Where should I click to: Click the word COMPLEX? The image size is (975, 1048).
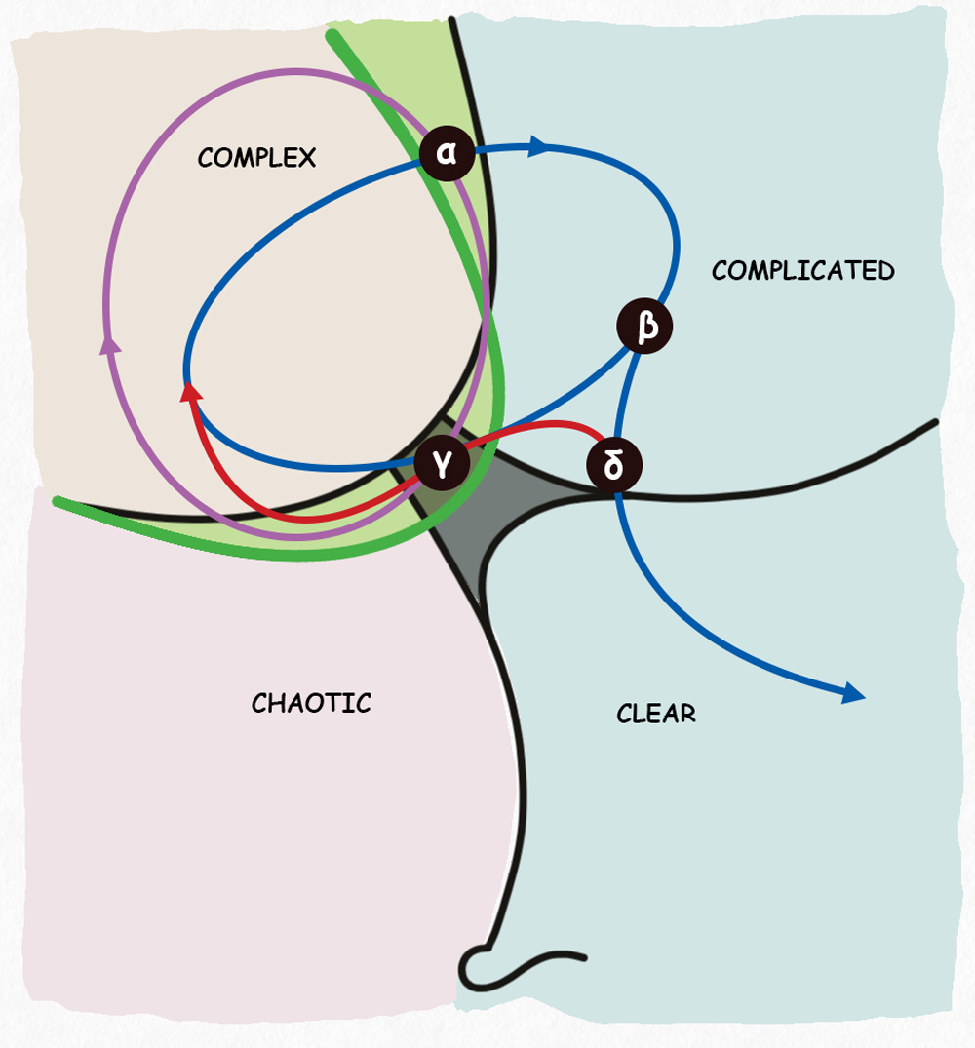click(x=256, y=157)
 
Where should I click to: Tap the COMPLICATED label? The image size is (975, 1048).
click(x=802, y=270)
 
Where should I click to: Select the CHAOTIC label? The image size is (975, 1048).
click(x=311, y=702)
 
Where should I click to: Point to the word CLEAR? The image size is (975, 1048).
click(x=656, y=713)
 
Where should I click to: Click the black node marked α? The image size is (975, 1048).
click(x=448, y=153)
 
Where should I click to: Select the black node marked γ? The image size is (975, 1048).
click(x=443, y=465)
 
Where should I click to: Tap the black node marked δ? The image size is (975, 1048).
click(x=614, y=465)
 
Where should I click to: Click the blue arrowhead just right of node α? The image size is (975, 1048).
click(x=538, y=147)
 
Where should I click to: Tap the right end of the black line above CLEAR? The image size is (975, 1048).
click(x=934, y=422)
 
